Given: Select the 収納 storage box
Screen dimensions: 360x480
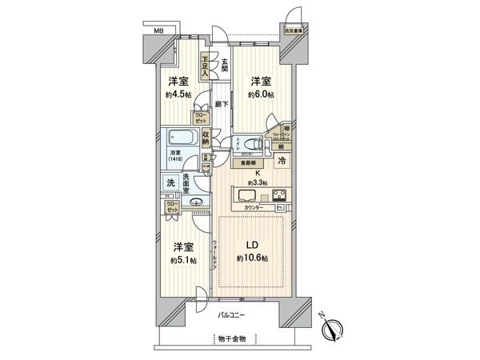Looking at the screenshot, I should click(x=206, y=137).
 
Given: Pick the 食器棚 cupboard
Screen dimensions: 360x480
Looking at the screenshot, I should click(x=249, y=163).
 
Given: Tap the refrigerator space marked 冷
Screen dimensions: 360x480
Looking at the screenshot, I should click(x=281, y=161).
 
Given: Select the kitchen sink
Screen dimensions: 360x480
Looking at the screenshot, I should click(x=243, y=196).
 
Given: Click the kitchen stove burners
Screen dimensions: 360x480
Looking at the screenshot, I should click(x=281, y=196).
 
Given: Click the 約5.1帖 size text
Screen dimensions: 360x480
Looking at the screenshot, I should click(x=183, y=261).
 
